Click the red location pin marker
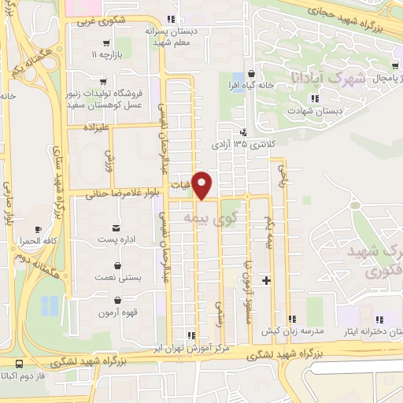pyautogui.click(x=203, y=185)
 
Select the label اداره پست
pyautogui.click(x=117, y=238)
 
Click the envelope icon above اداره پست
pyautogui.click(x=117, y=225)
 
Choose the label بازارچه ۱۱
pyautogui.click(x=109, y=56)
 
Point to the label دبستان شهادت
pyautogui.click(x=315, y=111)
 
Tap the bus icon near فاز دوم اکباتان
pyautogui.click(x=19, y=364)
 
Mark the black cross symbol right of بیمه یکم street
pyautogui.click(x=267, y=279)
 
